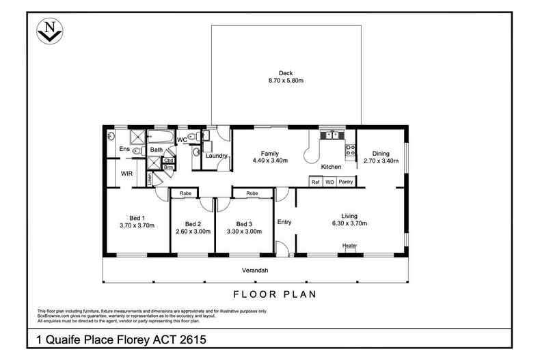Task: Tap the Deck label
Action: tap(285, 73)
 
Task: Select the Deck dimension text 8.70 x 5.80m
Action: tap(285, 81)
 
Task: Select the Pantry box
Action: tap(346, 182)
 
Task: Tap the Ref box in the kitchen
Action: tap(316, 182)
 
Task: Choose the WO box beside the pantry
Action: tap(329, 182)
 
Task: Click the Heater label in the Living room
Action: tap(350, 246)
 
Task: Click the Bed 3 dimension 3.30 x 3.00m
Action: tap(244, 232)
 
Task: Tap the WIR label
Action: tap(127, 174)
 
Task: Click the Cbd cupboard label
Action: tap(168, 161)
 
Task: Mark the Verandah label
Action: tap(254, 271)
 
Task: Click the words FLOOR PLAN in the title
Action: tap(273, 295)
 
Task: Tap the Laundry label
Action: tap(216, 156)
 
